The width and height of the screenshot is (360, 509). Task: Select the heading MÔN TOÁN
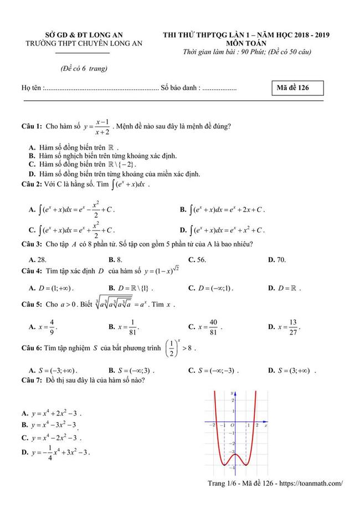click(246, 44)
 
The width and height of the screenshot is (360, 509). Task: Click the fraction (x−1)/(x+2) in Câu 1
click(101, 126)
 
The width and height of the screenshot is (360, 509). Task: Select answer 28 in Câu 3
click(37, 259)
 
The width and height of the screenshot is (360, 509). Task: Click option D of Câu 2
click(222, 229)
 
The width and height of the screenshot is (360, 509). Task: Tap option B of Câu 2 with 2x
click(222, 210)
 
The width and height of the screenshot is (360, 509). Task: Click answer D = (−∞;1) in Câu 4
click(210, 288)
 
